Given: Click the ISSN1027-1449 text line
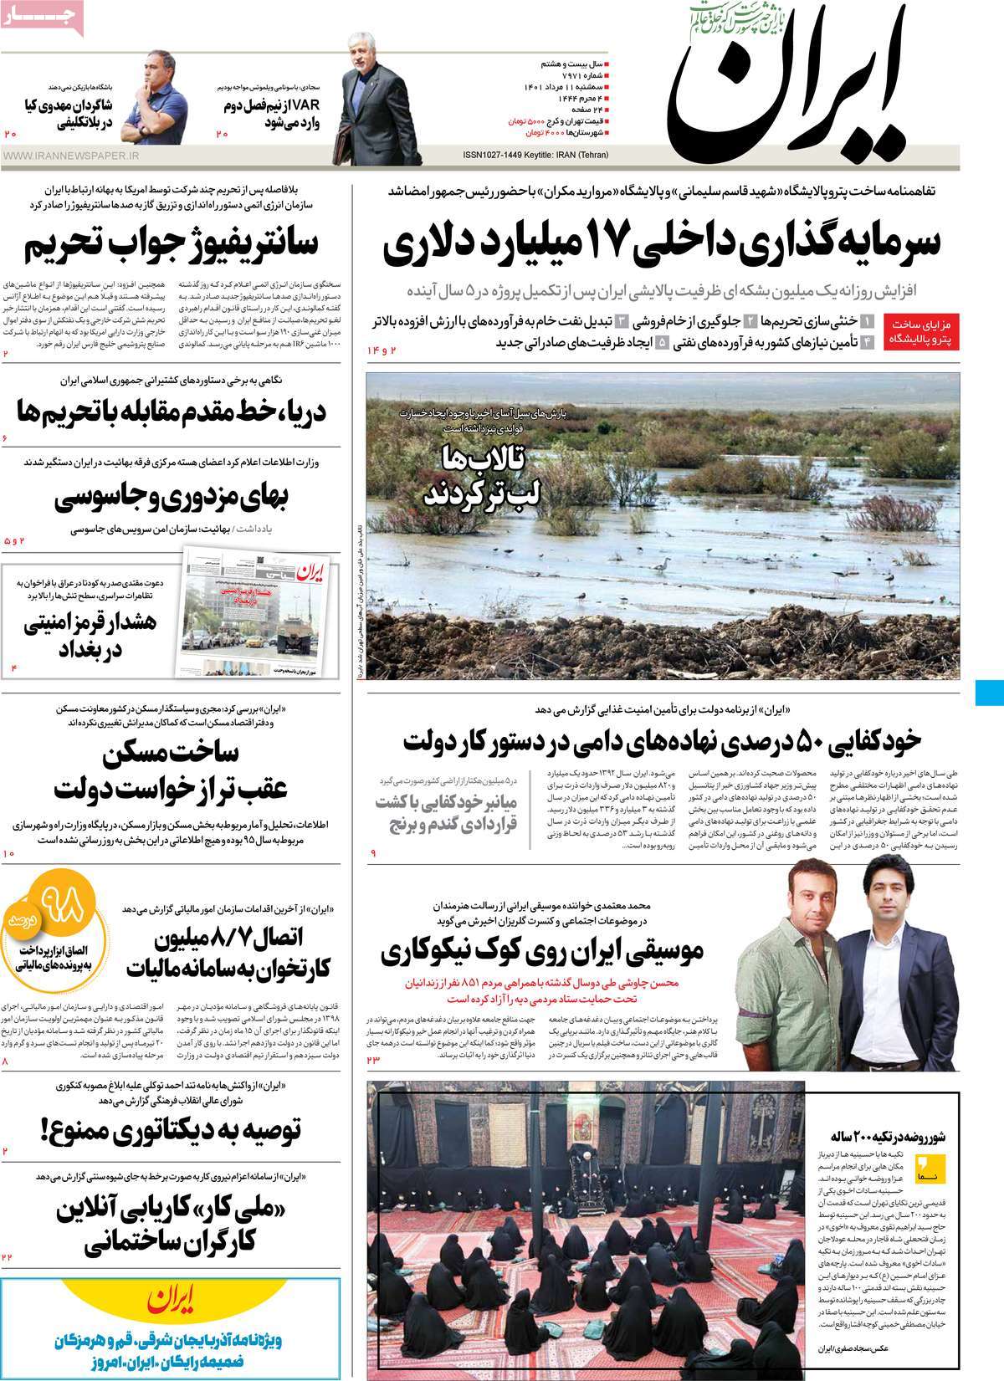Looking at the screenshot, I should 535,155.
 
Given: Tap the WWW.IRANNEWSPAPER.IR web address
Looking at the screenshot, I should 71,155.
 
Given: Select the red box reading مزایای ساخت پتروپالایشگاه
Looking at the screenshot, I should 923,331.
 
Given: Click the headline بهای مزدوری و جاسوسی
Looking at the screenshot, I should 172,499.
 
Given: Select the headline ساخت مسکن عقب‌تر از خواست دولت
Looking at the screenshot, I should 172,770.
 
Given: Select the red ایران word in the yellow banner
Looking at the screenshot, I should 172,1302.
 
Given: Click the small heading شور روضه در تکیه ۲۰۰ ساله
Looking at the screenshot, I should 887,1138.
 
